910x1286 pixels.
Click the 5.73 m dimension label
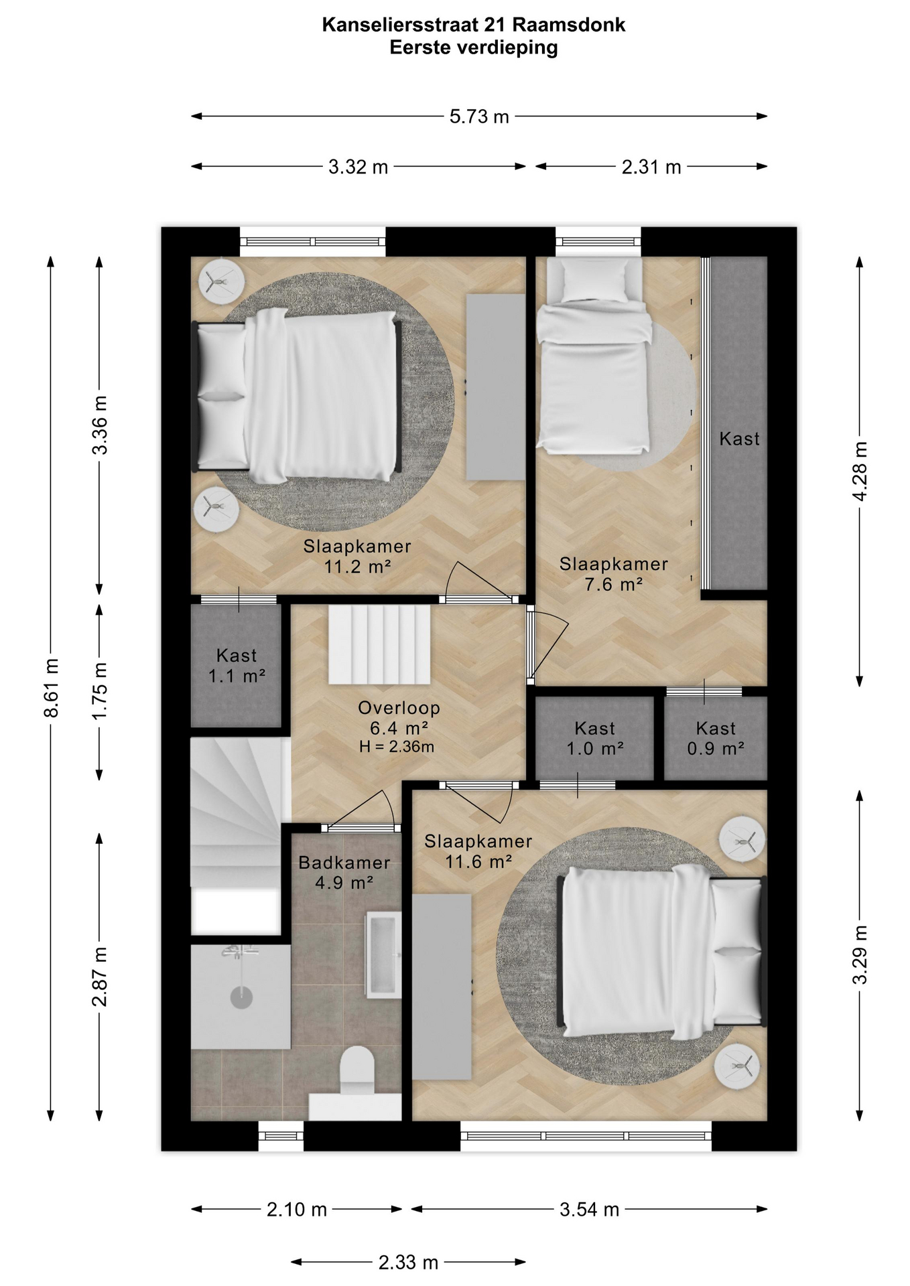coord(479,117)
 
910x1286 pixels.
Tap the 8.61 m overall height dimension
coord(52,688)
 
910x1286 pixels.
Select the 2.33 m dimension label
coord(408,1263)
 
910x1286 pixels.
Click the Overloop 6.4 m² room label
coord(399,717)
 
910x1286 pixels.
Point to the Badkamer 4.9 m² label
coord(344,873)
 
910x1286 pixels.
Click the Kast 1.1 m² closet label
coord(237,666)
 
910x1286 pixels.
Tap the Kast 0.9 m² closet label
coord(716,738)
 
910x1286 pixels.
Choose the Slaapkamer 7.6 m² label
coord(614,574)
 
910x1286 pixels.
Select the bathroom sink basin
coord(383,955)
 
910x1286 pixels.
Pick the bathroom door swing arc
coord(362,807)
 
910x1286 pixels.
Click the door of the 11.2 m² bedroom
coord(482,580)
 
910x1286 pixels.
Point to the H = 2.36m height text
coord(397,747)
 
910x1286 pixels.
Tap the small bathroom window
coord(281,1136)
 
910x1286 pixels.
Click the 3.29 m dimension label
coord(860,954)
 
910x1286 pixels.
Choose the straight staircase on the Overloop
coord(379,644)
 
